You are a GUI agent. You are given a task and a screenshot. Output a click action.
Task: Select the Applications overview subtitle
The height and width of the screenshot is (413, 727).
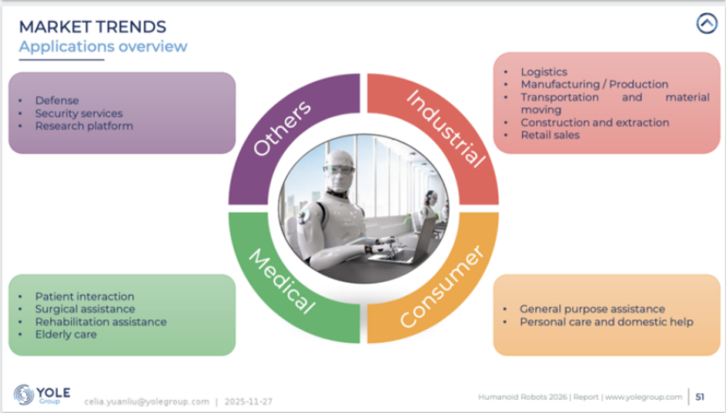pyautogui.click(x=102, y=45)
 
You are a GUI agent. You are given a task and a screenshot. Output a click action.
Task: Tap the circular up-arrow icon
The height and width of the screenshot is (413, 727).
pyautogui.click(x=706, y=24)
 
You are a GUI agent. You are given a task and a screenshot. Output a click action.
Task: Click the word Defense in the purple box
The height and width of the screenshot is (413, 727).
pyautogui.click(x=57, y=101)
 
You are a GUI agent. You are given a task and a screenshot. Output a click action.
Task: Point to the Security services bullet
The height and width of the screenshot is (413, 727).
pyautogui.click(x=79, y=113)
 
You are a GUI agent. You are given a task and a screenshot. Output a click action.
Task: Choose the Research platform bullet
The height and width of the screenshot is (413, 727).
pyautogui.click(x=84, y=126)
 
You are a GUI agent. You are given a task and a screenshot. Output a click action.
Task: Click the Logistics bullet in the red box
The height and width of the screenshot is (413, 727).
pyautogui.click(x=544, y=72)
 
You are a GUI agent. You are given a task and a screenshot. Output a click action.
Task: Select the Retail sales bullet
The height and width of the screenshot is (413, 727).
pyautogui.click(x=550, y=135)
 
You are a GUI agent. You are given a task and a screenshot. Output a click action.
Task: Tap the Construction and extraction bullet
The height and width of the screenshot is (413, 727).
pyautogui.click(x=594, y=122)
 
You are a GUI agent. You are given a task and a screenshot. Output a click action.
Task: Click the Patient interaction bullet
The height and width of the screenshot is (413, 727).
pyautogui.click(x=84, y=297)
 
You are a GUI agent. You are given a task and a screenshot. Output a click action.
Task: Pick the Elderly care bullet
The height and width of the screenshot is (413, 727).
pyautogui.click(x=66, y=334)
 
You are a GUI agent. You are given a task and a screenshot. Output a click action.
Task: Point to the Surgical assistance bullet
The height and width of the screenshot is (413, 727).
pyautogui.click(x=85, y=309)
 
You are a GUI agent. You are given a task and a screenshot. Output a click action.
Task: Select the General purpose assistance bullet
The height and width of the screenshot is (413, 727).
pyautogui.click(x=592, y=309)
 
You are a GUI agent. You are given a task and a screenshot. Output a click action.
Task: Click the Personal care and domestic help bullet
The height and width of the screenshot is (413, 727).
pyautogui.click(x=606, y=322)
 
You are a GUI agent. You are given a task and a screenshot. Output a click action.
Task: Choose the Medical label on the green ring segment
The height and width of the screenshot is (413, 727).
pyautogui.click(x=281, y=281)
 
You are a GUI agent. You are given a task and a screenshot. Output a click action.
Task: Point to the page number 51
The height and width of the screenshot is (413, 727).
pyautogui.click(x=700, y=396)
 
